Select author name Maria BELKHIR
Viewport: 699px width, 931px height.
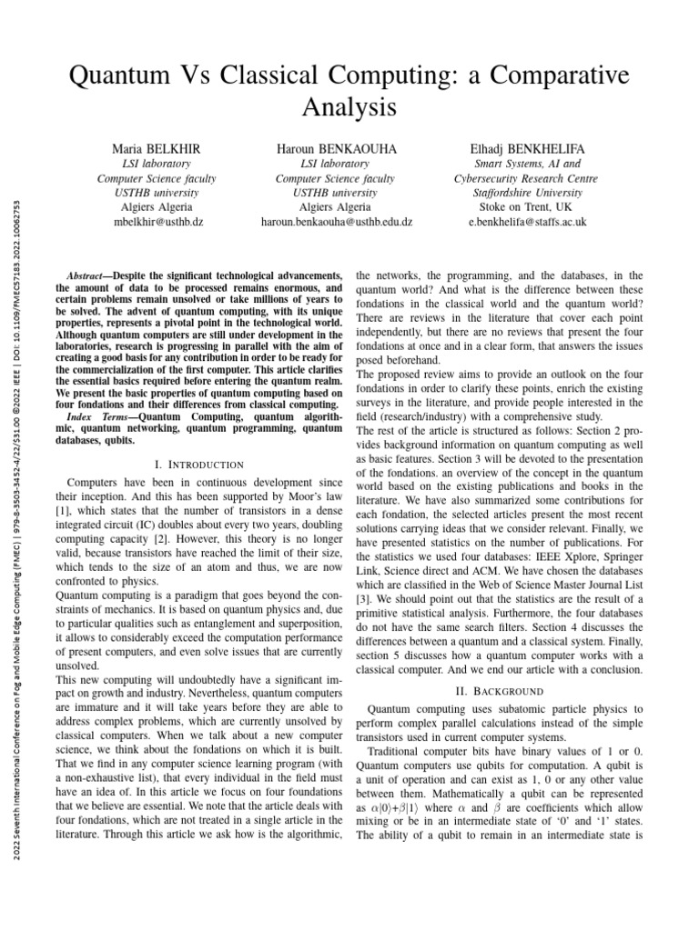click(151, 147)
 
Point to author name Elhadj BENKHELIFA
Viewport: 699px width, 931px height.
click(527, 147)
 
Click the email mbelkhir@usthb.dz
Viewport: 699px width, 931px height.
click(151, 221)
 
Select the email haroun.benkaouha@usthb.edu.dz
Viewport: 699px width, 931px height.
click(336, 221)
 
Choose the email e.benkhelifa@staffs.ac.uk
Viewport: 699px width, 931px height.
click(527, 221)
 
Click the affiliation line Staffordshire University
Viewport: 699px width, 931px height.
click(527, 193)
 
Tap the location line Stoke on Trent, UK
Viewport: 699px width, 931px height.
click(527, 207)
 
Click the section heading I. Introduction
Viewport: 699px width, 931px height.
click(199, 465)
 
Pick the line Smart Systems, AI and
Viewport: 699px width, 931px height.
click(527, 164)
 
